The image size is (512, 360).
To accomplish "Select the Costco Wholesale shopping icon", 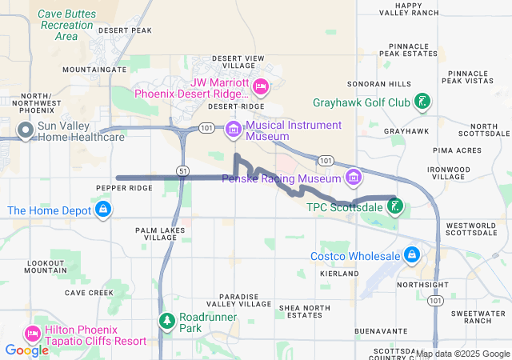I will [x=411, y=255].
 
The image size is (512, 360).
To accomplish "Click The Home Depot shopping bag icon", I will [x=102, y=210].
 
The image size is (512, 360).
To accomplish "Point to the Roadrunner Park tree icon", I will [x=166, y=322].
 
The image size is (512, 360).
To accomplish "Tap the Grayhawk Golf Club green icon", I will [x=422, y=102].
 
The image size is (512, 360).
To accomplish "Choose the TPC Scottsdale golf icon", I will [x=394, y=206].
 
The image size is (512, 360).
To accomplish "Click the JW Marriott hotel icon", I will [x=259, y=86].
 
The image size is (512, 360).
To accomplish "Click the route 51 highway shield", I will [x=182, y=171].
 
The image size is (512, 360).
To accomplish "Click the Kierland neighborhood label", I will [x=339, y=274].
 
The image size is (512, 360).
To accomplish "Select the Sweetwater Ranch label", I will [x=471, y=317].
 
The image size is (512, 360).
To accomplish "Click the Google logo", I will [x=26, y=350].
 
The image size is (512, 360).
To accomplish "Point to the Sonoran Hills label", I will [x=378, y=84].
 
